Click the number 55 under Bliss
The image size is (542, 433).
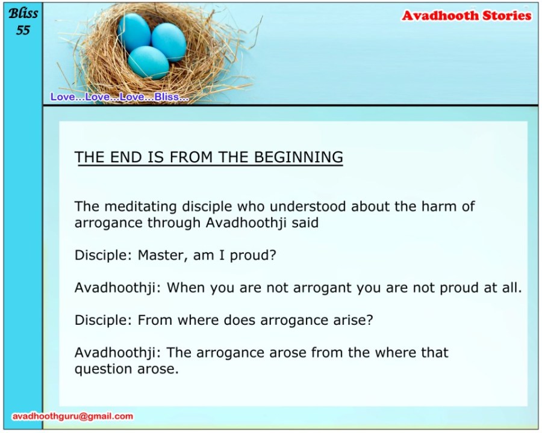coord(23,31)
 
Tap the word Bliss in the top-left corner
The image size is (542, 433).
coord(23,14)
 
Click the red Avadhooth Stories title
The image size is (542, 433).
coord(467,16)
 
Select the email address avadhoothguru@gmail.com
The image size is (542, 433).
coord(73,416)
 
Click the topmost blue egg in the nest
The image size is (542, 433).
coord(134,32)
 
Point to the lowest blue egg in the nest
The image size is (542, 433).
coord(148,63)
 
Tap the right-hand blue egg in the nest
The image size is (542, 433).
coord(169,42)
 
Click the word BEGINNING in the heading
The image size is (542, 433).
coord(299,158)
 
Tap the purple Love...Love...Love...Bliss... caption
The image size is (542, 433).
coord(120,97)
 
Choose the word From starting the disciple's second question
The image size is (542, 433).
coord(155,320)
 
